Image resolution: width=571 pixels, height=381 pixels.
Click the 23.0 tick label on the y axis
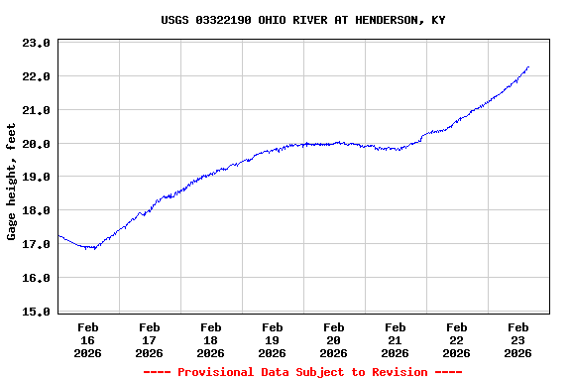37,44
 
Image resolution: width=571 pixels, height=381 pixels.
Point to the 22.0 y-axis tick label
37,76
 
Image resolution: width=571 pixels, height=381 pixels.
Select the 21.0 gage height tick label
37,110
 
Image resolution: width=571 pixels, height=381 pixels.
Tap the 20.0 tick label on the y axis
37,144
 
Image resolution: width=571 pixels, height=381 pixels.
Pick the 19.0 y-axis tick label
37,178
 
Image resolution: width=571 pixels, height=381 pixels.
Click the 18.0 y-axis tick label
37,211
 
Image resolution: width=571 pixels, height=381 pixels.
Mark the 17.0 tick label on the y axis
37,245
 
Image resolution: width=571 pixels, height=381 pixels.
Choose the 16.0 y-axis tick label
37,279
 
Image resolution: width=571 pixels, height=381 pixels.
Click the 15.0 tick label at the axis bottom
37,312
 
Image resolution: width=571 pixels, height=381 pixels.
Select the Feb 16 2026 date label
88,339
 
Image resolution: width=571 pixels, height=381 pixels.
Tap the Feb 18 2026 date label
211,339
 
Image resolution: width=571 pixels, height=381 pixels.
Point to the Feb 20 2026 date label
334,339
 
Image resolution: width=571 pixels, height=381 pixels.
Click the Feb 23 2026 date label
518,339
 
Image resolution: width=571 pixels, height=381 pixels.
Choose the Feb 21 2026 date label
396,339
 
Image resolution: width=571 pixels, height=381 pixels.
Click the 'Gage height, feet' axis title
12,182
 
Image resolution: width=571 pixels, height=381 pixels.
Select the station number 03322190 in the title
223,20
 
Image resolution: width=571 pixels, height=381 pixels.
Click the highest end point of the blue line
528,67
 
